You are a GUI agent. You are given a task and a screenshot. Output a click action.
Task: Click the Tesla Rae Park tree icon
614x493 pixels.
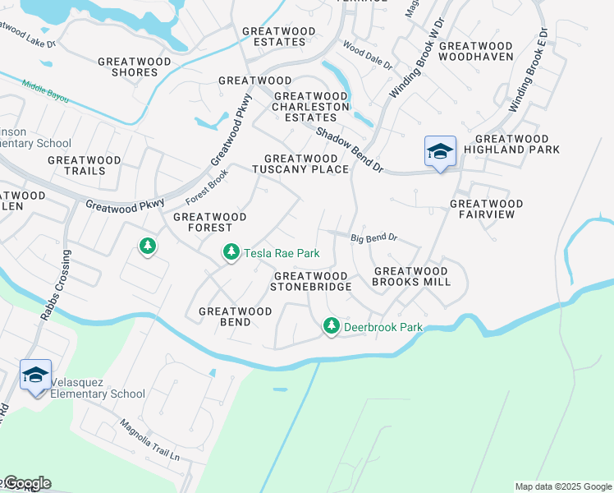pos(231,252)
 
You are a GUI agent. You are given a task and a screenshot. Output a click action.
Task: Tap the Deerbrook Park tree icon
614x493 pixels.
pos(332,326)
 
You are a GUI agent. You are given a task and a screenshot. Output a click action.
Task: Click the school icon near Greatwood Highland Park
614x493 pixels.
pos(440,151)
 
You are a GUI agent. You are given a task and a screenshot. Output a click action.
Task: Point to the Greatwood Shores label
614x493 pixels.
pos(128,67)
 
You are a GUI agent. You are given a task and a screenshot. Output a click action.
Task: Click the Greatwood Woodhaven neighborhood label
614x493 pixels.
pos(476,51)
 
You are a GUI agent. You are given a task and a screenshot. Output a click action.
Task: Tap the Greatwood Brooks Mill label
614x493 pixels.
pos(412,276)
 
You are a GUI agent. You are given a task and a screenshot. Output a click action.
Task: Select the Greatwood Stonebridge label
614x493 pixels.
pos(313,281)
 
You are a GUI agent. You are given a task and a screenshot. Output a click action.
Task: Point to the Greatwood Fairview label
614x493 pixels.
pos(487,209)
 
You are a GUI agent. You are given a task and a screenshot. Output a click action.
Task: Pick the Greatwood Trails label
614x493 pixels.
pos(85,165)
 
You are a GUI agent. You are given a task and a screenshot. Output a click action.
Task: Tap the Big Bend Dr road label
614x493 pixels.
pos(374,238)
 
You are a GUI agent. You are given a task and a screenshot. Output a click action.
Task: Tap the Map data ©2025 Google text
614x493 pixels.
pos(563,486)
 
